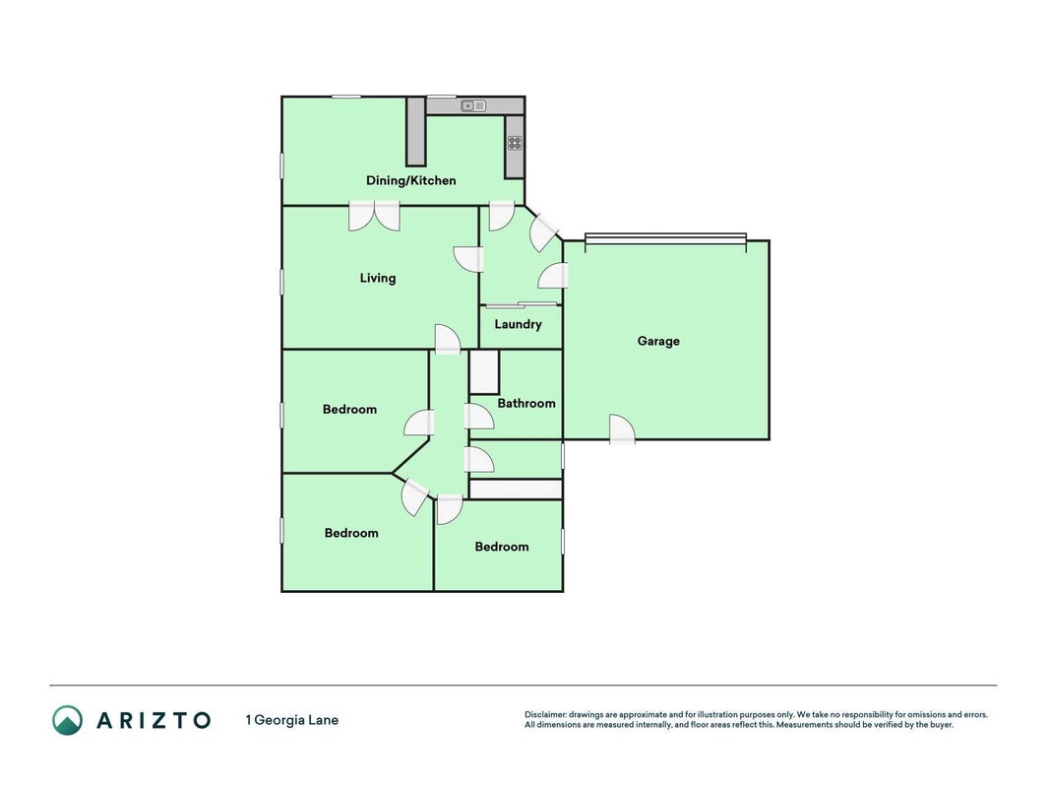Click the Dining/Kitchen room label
tap(410, 180)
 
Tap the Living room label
tap(378, 278)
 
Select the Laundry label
tap(519, 324)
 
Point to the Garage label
tap(658, 341)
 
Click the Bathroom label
tap(526, 404)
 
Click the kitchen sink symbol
tap(473, 105)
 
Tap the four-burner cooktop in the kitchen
tap(515, 143)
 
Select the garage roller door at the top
tap(665, 237)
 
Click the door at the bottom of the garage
tap(622, 430)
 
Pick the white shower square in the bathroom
tap(484, 372)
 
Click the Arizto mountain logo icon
tap(68, 720)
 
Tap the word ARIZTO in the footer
tap(154, 720)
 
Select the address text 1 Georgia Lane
tap(292, 720)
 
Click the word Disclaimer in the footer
tap(546, 715)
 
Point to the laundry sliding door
tap(522, 305)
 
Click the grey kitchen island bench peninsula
tap(416, 132)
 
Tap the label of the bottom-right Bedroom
tap(502, 547)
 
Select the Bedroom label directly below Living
tap(349, 410)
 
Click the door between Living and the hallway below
tap(448, 339)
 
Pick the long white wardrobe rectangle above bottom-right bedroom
tap(516, 490)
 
